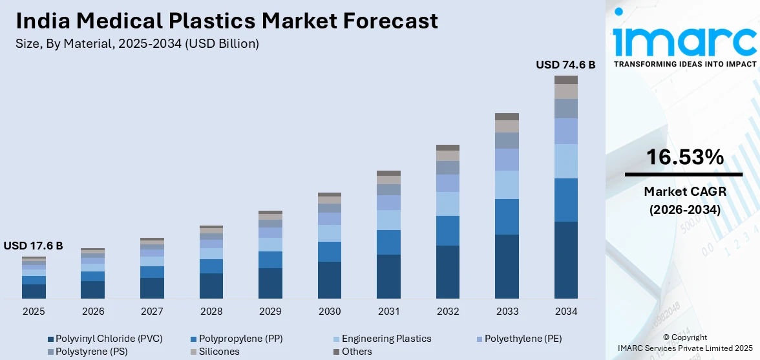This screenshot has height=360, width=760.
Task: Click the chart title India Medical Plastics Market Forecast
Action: point(227,21)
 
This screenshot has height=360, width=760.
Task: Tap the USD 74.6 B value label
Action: point(565,65)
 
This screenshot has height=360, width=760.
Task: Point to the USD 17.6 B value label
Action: point(33,246)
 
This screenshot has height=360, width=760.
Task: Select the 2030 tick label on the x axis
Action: point(330,312)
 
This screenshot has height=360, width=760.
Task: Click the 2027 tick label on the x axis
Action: point(152,312)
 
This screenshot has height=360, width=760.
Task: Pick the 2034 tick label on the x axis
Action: point(566,312)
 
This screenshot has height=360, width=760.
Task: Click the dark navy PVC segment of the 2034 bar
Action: point(566,260)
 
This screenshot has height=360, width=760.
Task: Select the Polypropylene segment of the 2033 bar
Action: point(507,217)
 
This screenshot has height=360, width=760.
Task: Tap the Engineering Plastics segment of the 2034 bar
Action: point(566,161)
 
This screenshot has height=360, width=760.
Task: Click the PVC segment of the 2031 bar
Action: point(388,277)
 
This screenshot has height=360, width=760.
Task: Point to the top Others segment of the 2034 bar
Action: point(566,79)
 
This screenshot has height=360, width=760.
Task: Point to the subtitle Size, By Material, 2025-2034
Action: point(137,44)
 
